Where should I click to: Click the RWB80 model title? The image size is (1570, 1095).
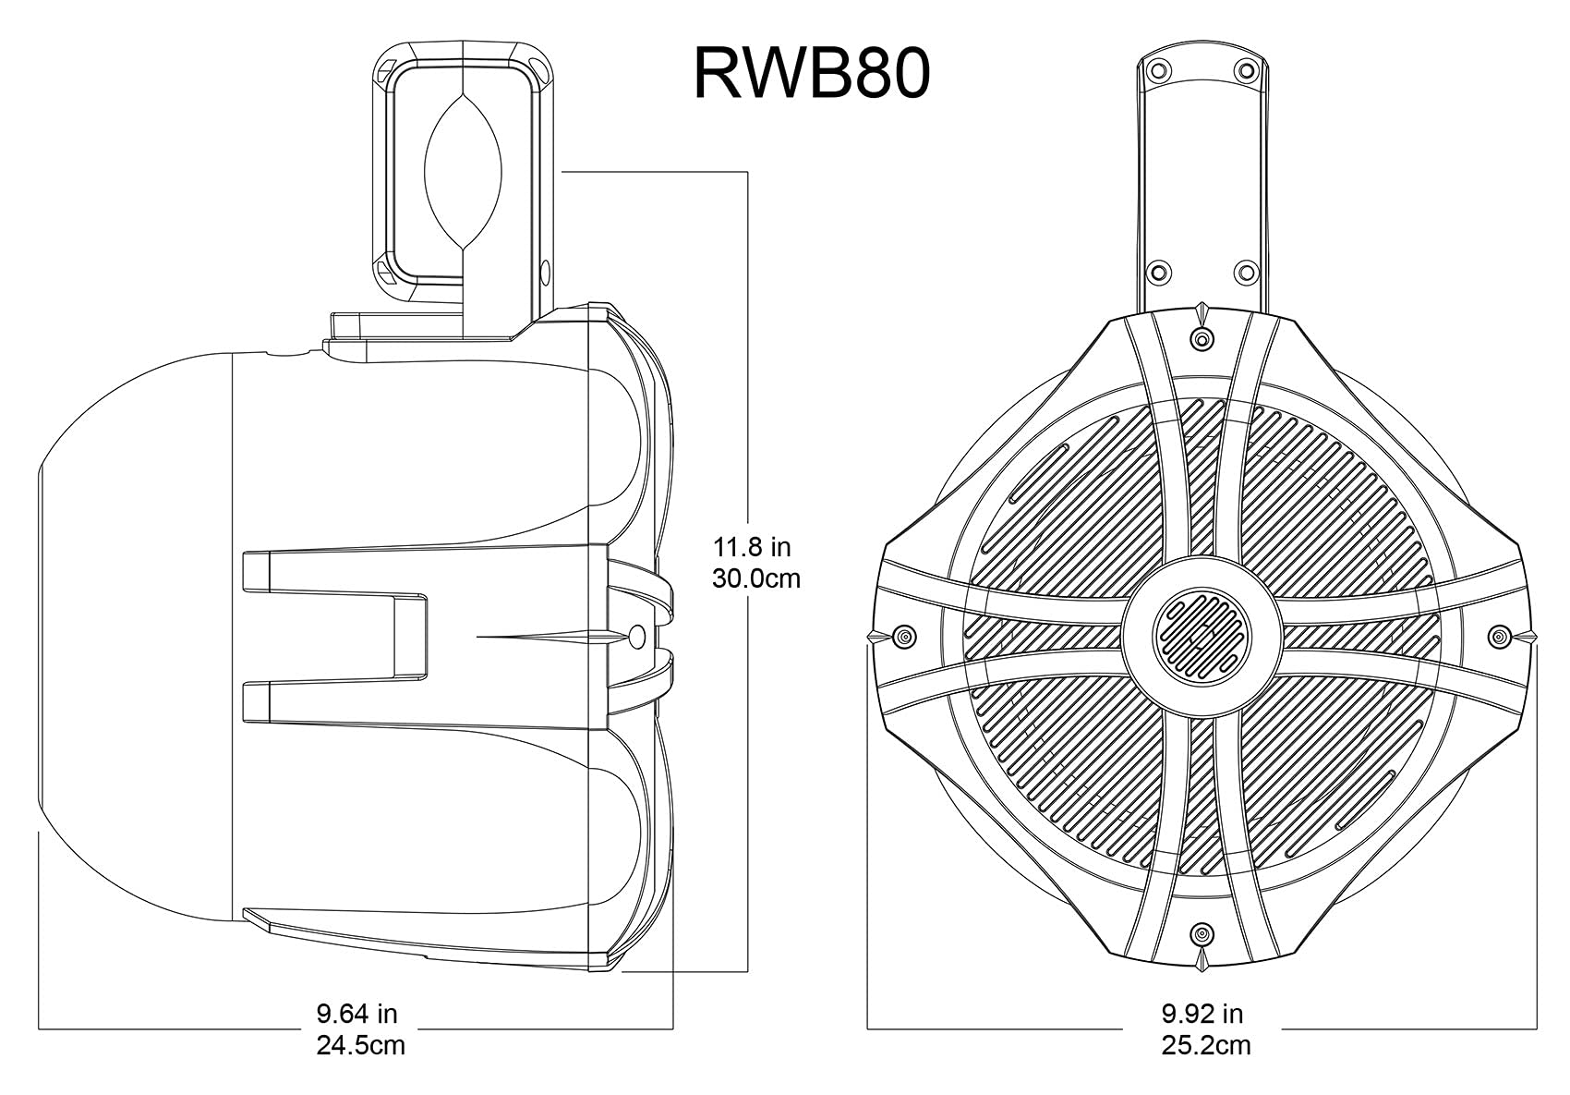(811, 75)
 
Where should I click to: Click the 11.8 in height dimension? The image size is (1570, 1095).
(752, 546)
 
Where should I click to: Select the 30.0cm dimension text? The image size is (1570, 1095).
(755, 579)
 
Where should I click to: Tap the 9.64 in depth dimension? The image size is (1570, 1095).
(356, 1014)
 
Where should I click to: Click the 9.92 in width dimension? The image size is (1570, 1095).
(1202, 1014)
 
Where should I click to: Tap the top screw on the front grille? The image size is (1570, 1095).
(1201, 340)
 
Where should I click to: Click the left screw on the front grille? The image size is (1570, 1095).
(904, 636)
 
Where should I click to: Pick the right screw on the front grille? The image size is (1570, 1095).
(1498, 636)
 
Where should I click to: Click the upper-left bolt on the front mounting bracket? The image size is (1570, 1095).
(1155, 70)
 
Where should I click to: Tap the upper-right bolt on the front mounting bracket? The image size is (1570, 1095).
(1246, 70)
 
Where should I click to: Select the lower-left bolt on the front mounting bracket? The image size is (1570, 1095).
(1155, 272)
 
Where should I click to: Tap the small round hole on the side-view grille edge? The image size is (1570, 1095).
(637, 636)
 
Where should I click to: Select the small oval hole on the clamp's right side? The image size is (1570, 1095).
(544, 274)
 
